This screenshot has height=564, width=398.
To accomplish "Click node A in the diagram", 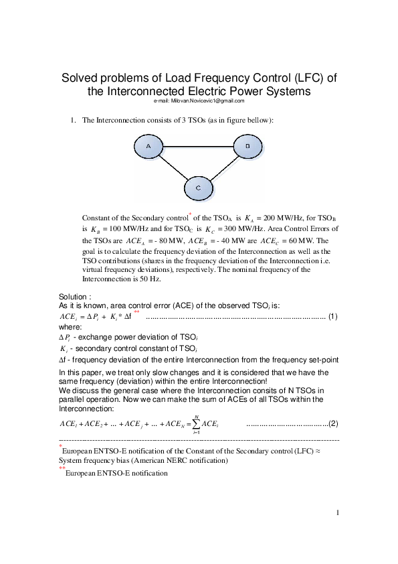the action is (148, 145).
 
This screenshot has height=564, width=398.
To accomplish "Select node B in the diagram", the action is (247, 145).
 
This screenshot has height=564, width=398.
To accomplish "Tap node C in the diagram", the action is (198, 188).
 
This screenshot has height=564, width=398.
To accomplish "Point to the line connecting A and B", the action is (198, 145).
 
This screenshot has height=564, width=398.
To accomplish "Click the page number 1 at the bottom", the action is (338, 513).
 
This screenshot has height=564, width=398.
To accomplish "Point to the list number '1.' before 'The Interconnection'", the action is (73, 121).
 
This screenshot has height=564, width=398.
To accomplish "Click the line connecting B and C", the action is (223, 167).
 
